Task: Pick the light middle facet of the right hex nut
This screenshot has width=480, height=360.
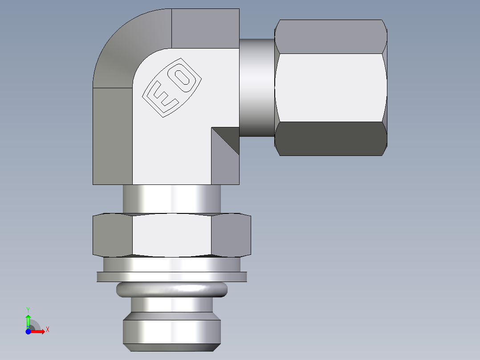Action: pyautogui.click(x=330, y=87)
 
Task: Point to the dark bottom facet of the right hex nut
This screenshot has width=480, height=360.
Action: pyautogui.click(x=330, y=139)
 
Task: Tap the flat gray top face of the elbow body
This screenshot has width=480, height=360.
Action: pyautogui.click(x=205, y=28)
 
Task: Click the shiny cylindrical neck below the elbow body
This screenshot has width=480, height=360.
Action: pyautogui.click(x=171, y=199)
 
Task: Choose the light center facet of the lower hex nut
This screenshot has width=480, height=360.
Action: pyautogui.click(x=171, y=235)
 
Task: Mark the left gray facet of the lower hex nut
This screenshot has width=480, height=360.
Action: pyautogui.click(x=113, y=235)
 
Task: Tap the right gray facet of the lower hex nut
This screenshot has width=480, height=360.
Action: pyautogui.click(x=231, y=235)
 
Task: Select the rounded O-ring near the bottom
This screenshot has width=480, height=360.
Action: pyautogui.click(x=171, y=290)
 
